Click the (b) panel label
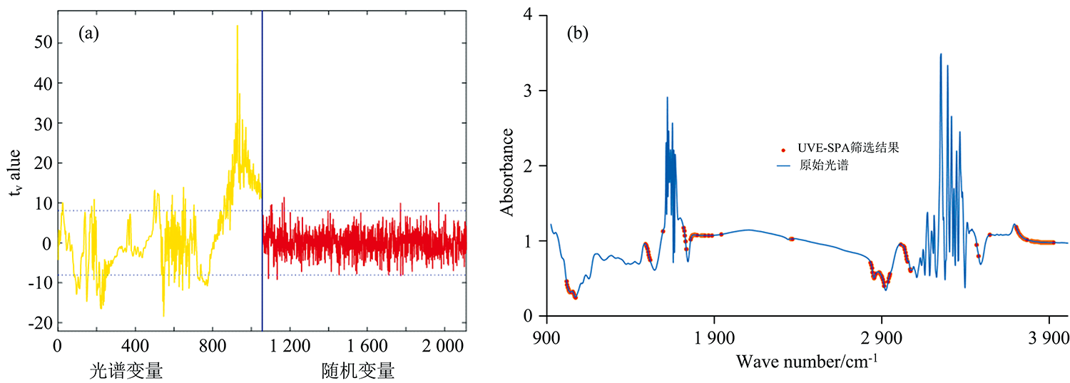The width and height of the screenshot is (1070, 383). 577,34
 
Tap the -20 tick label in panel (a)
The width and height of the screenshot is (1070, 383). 40,324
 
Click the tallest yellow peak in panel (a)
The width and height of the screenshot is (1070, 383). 237,26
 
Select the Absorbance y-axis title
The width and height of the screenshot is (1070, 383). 508,172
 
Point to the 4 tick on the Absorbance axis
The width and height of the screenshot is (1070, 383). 527,16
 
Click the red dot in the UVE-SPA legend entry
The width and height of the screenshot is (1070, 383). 784,150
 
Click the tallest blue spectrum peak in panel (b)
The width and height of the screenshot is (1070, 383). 940,54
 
